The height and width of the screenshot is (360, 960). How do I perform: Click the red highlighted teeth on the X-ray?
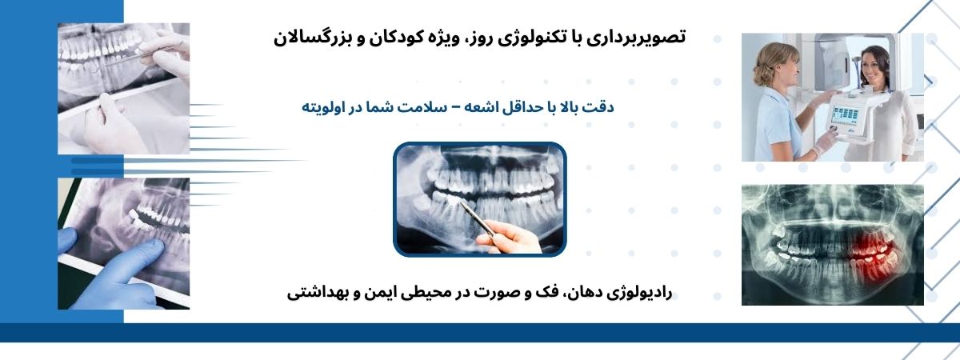pyautogui.click(x=872, y=256)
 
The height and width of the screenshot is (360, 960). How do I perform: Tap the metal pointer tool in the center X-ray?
pyautogui.click(x=477, y=218)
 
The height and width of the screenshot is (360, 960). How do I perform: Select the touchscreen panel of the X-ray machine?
pyautogui.click(x=841, y=114)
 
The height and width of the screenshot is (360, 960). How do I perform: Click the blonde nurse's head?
pyautogui.click(x=776, y=64)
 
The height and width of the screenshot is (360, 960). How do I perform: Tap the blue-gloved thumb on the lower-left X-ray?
pyautogui.click(x=67, y=241)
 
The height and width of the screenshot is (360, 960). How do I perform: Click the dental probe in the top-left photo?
pyautogui.click(x=123, y=58)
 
